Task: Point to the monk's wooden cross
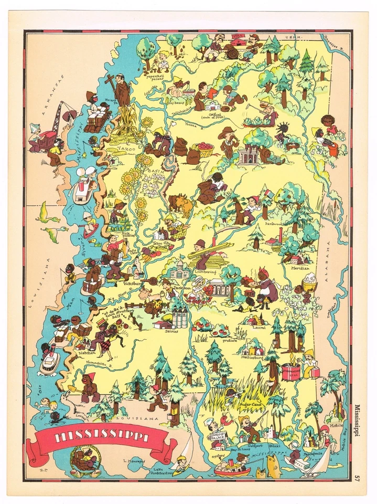[x=111, y=81]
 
